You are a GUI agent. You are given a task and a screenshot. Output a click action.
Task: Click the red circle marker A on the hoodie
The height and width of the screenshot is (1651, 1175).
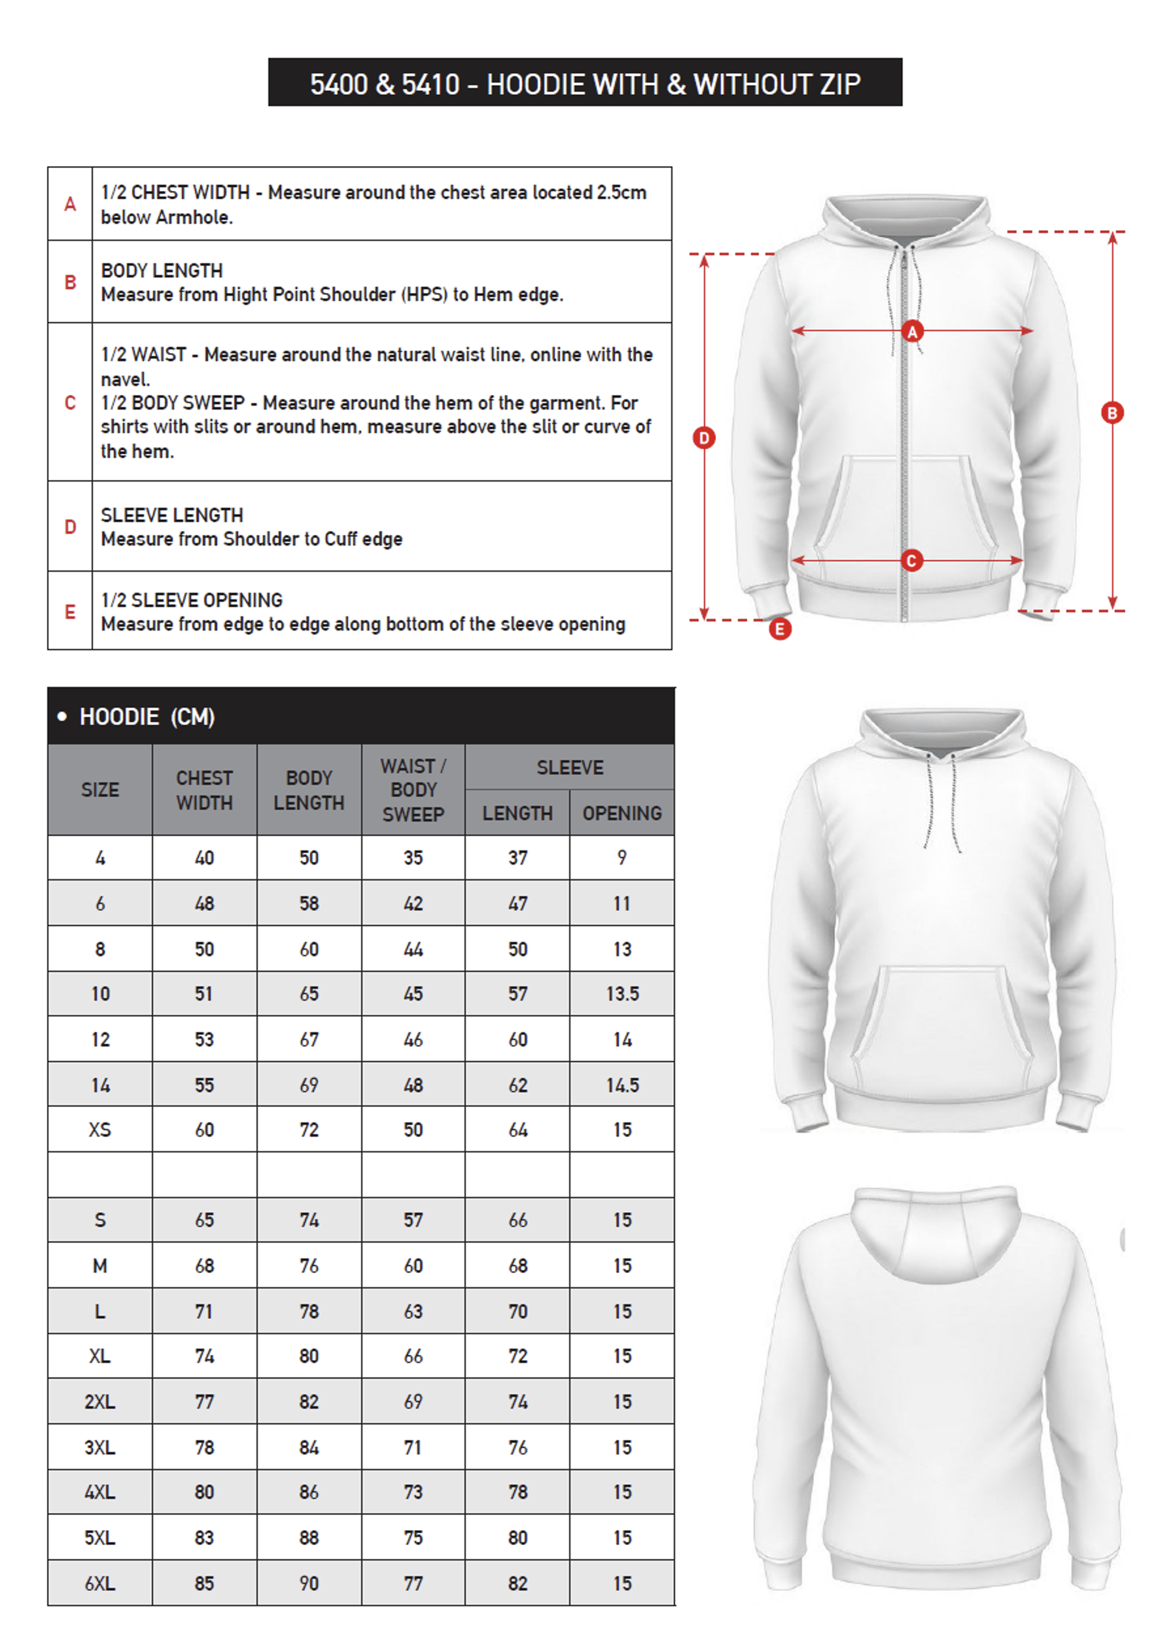click(x=913, y=332)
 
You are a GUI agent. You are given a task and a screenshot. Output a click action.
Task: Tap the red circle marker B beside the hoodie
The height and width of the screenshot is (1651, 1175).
click(x=1112, y=413)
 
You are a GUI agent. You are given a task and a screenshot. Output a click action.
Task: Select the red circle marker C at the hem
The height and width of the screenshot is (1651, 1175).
click(x=911, y=560)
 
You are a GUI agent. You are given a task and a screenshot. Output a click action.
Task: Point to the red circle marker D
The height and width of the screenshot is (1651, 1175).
click(x=704, y=438)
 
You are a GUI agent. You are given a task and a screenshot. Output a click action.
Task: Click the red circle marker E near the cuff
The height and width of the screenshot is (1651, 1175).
click(x=780, y=629)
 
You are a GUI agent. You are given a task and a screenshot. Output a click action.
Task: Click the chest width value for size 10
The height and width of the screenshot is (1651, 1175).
click(x=204, y=994)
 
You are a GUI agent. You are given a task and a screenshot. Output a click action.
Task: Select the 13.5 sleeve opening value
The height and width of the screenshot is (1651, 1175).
click(x=622, y=994)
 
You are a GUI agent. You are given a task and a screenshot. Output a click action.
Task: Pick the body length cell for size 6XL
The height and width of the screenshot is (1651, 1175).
click(x=309, y=1583)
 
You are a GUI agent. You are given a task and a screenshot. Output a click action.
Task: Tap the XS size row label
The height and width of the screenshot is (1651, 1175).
click(x=100, y=1130)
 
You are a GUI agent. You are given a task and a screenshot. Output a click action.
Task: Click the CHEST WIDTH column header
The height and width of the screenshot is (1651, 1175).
click(x=204, y=790)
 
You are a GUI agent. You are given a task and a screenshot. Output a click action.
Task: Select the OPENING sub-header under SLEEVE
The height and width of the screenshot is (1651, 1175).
click(x=622, y=813)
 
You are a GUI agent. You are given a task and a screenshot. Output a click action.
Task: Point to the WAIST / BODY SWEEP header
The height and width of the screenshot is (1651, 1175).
click(x=413, y=790)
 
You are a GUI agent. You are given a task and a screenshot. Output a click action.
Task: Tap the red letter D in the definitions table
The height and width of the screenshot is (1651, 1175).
click(x=70, y=527)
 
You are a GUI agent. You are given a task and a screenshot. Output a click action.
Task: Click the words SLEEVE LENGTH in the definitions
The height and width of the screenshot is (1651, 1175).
click(x=172, y=515)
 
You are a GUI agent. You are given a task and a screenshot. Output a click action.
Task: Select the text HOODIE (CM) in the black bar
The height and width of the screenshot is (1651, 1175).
click(x=147, y=717)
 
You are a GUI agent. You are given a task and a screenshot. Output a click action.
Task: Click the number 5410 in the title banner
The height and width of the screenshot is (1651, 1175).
click(x=430, y=84)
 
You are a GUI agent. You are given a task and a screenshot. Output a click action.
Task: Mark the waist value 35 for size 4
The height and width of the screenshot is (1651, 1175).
click(x=413, y=858)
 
